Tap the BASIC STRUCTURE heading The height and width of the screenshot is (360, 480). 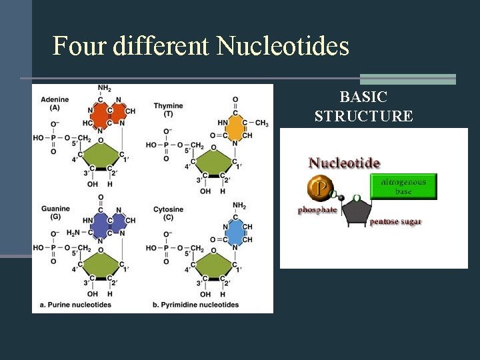[x=363, y=107]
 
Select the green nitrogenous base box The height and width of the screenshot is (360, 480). [x=403, y=187]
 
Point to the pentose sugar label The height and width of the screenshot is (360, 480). [x=396, y=221]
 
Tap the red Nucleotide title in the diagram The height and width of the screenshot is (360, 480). [x=344, y=163]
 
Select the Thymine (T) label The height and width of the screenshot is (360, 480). [x=168, y=110]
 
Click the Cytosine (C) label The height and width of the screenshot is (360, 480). [x=167, y=213]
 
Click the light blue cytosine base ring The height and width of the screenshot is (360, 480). [x=235, y=233]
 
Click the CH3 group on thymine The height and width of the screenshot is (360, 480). [x=261, y=123]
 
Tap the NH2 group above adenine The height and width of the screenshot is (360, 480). [x=104, y=88]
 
